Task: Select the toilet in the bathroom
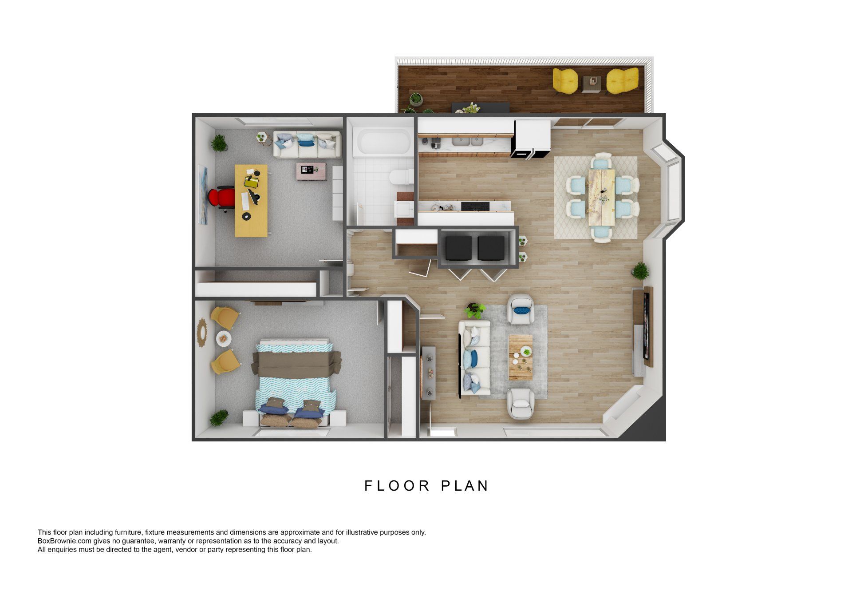400,178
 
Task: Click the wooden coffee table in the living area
520,357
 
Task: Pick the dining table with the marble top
602,197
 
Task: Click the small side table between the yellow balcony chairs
592,82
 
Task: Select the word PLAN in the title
465,486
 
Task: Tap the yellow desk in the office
251,200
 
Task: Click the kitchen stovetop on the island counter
475,206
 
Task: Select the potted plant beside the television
640,270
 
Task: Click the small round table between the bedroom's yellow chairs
224,339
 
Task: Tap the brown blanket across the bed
296,363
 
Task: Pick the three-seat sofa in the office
307,144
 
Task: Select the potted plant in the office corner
218,143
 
